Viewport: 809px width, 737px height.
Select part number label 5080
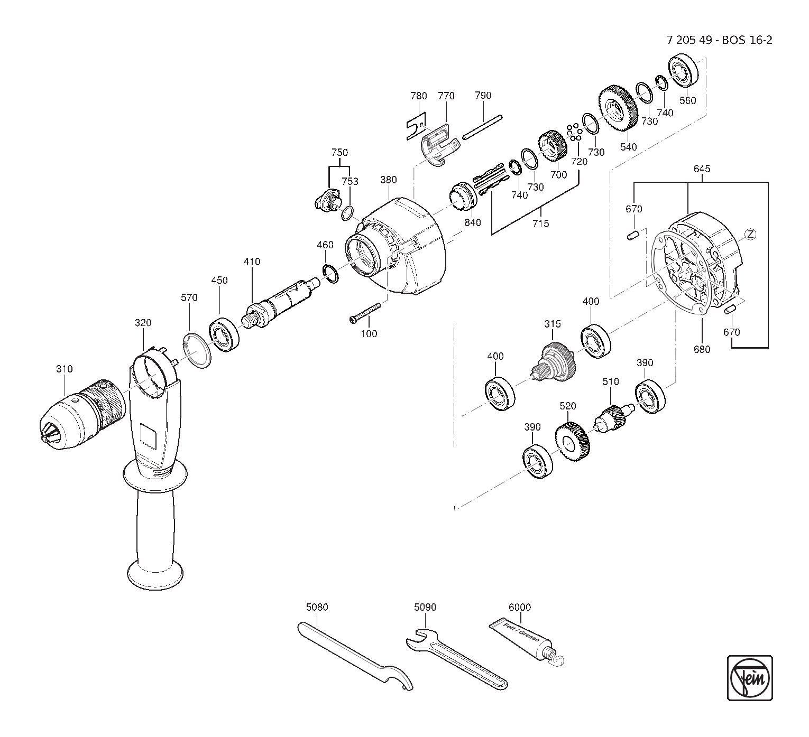pyautogui.click(x=317, y=607)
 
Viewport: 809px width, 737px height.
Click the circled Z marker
pyautogui.click(x=750, y=234)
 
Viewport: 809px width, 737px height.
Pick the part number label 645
pyautogui.click(x=702, y=169)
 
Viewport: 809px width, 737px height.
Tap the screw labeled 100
pyautogui.click(x=365, y=312)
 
